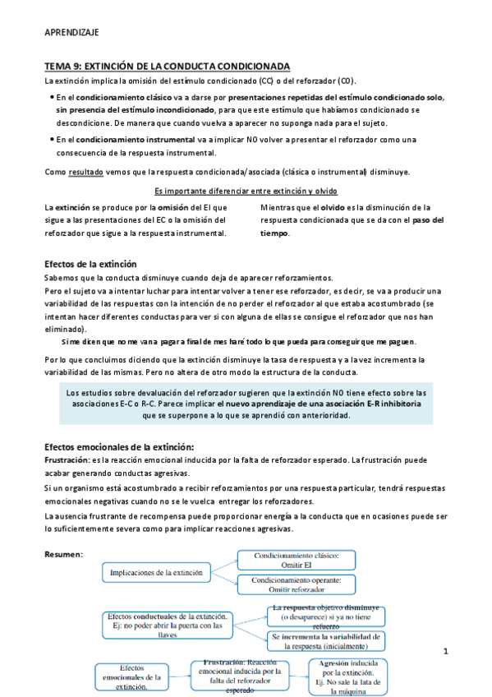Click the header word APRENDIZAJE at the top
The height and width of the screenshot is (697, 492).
pyautogui.click(x=71, y=32)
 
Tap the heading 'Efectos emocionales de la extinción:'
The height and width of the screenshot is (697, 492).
pyautogui.click(x=119, y=446)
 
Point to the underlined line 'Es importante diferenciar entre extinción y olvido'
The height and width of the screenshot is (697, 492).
pyautogui.click(x=246, y=191)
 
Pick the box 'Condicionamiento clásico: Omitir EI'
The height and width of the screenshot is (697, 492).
pyautogui.click(x=306, y=561)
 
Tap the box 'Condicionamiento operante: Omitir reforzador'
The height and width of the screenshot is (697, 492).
pyautogui.click(x=306, y=584)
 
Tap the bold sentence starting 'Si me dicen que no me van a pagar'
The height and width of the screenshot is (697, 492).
pyautogui.click(x=239, y=341)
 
